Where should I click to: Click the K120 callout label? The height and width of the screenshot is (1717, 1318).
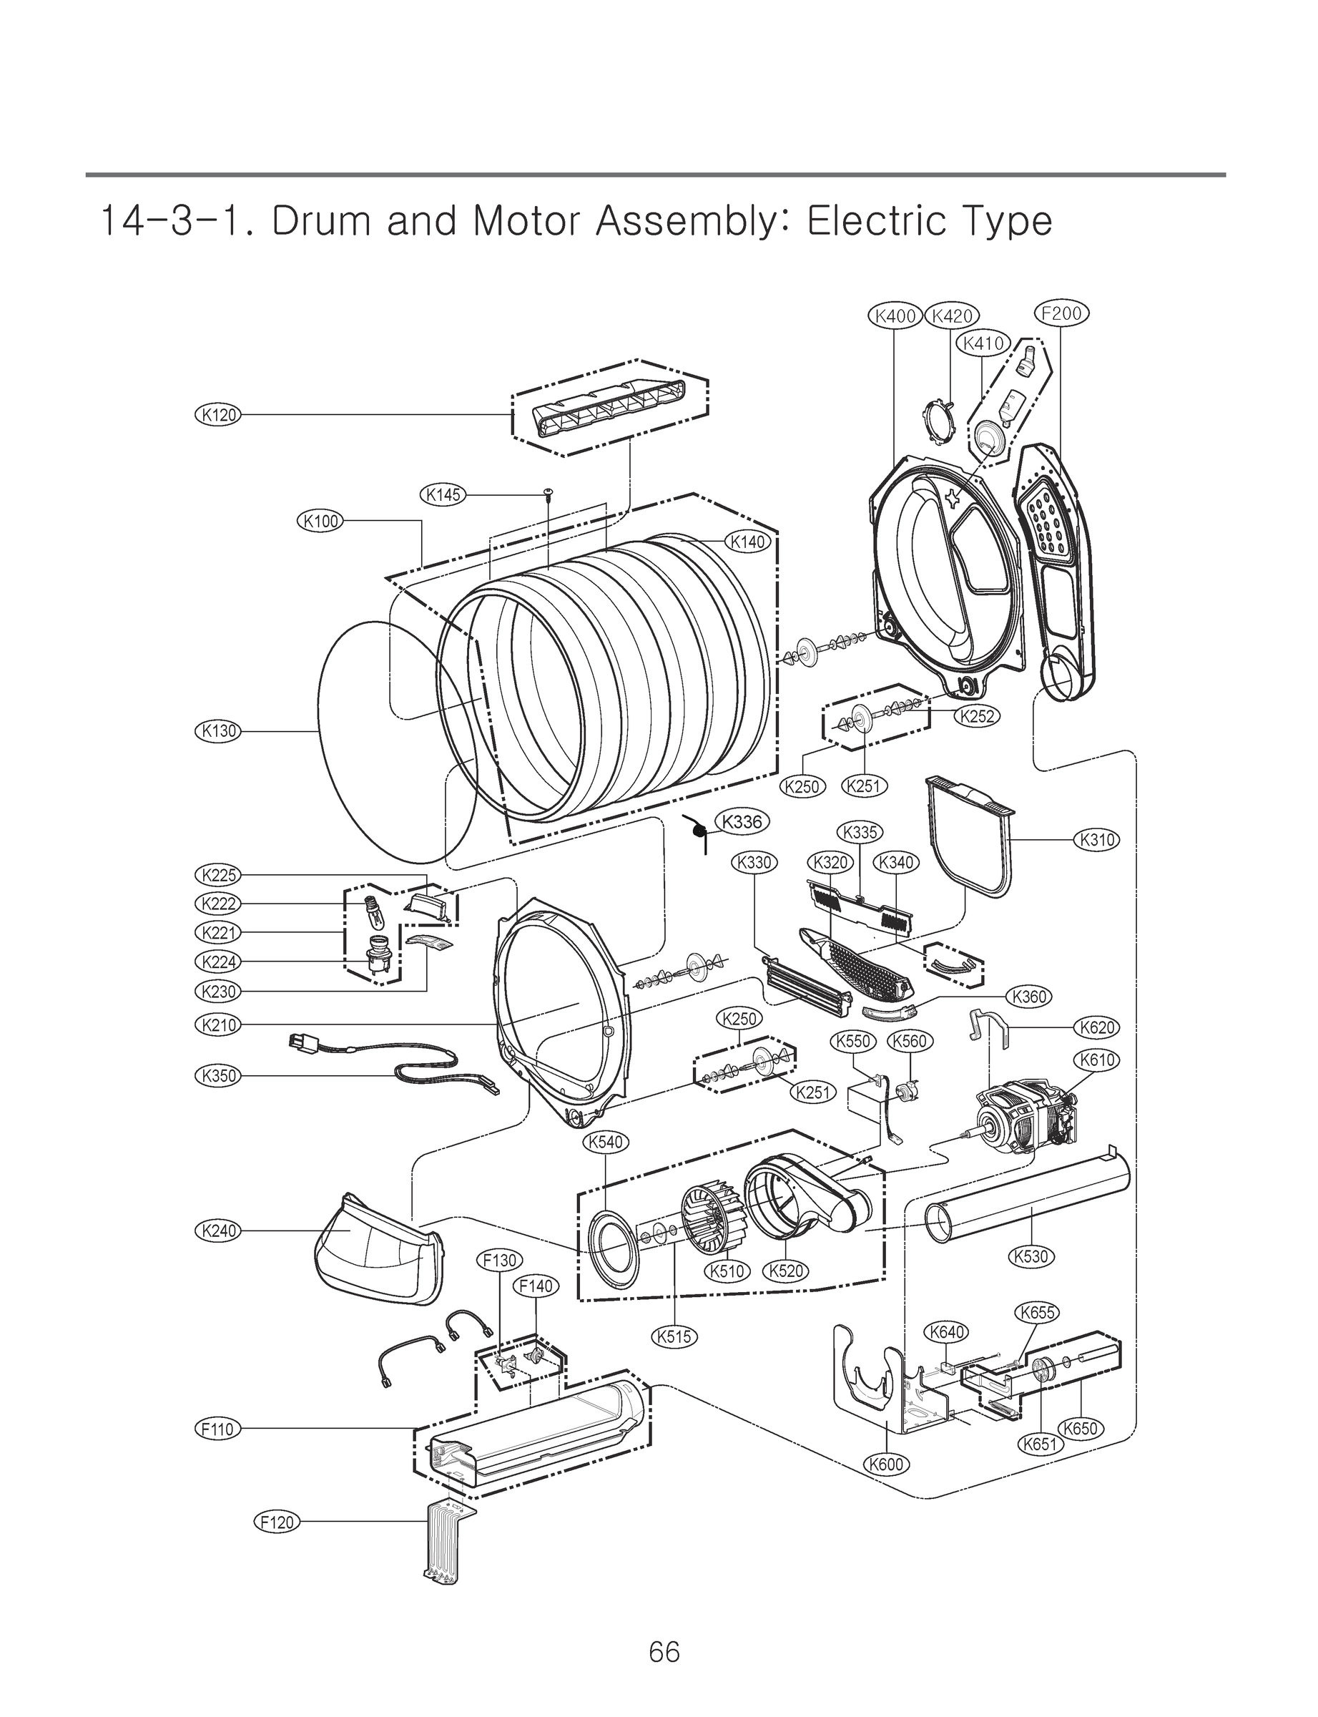[x=217, y=415]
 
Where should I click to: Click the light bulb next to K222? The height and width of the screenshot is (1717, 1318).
[x=373, y=915]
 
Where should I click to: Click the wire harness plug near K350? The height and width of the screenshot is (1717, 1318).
[x=300, y=1045]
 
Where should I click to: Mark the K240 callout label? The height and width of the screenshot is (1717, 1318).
[x=217, y=1231]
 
